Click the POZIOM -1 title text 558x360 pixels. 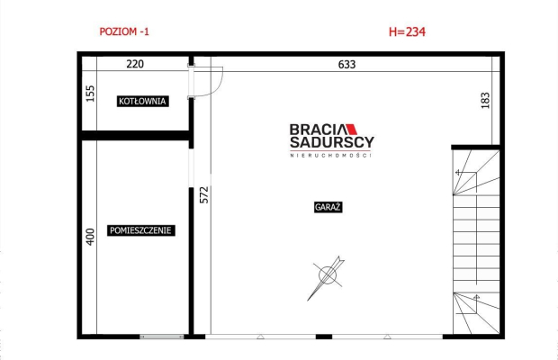coord(124,31)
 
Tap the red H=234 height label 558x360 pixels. coord(407,31)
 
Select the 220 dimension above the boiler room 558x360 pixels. coord(135,64)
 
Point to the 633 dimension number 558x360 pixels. coord(346,65)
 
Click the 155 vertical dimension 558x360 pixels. coord(91,94)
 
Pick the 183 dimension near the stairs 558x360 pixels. coord(485,100)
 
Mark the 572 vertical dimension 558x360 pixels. coord(204,195)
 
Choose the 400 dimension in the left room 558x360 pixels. coord(90,237)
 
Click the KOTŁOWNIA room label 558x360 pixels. coord(143,102)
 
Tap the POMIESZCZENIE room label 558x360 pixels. coord(141,230)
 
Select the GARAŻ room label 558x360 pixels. coord(328,207)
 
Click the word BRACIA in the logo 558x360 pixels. coord(318,130)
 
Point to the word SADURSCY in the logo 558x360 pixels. coord(332,142)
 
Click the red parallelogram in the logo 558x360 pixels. coord(351,130)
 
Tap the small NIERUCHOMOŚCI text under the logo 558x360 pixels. coord(330,156)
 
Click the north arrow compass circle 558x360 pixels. coord(328,275)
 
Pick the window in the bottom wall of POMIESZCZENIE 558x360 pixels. coord(162,337)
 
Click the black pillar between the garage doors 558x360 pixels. coord(324,337)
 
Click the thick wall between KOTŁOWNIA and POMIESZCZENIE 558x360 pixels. coord(135,135)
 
